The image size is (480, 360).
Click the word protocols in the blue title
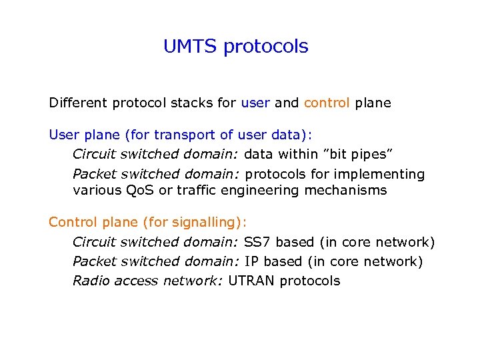(x=266, y=47)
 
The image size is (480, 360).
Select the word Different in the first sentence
(x=78, y=103)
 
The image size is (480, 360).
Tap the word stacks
(x=198, y=104)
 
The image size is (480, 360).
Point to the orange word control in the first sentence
(x=327, y=103)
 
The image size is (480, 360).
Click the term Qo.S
(x=142, y=191)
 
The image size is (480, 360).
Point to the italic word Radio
(x=91, y=281)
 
